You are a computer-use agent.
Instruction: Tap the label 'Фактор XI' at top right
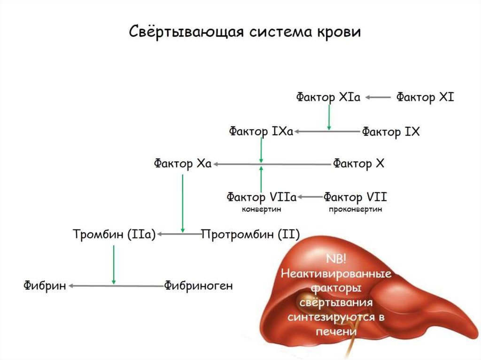425,98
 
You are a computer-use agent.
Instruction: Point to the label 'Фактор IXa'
261,131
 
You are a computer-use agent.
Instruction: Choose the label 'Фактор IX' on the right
390,132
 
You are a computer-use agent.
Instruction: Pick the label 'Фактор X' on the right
359,164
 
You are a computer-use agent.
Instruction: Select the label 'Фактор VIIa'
261,196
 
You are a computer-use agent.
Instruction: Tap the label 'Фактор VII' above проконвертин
355,196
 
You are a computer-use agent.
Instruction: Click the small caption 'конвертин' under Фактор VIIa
261,209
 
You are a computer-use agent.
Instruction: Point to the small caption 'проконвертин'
356,209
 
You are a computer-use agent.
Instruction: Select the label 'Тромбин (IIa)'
114,234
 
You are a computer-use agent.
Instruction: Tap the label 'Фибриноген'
198,285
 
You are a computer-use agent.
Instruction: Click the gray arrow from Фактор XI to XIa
378,98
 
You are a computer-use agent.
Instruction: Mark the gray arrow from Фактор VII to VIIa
310,196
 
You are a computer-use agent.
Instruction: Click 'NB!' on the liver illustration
335,260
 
